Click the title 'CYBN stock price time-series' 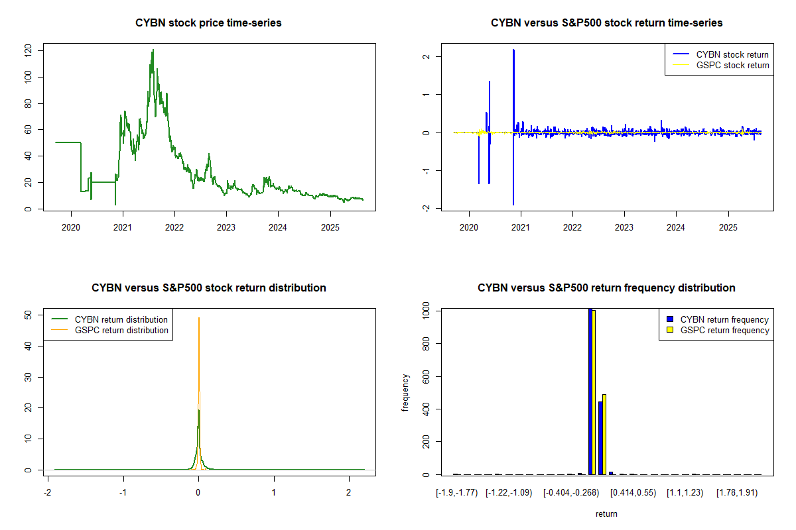[208, 23]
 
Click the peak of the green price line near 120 [153, 50]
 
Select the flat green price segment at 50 [68, 142]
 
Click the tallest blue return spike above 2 [513, 50]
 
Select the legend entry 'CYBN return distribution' [121, 319]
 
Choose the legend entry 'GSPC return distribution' [121, 330]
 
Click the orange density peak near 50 [199, 319]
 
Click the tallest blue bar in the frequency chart [590, 391]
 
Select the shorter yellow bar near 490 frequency [604, 434]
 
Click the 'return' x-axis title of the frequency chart [606, 514]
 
